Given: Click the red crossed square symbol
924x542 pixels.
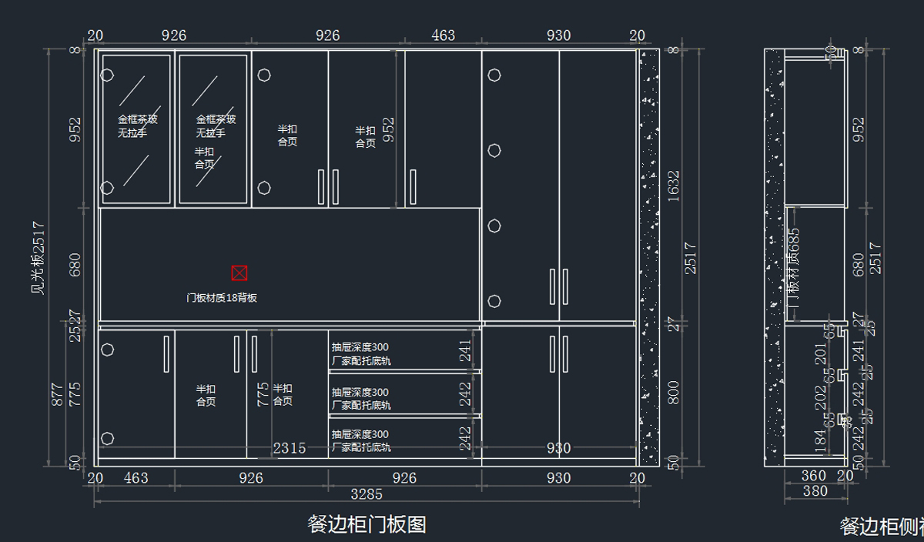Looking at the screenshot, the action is click(239, 273).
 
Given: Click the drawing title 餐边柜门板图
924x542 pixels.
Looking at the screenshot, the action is click(367, 525).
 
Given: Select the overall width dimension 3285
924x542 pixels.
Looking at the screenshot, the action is click(367, 493).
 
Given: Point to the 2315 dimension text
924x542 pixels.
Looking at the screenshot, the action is click(289, 448).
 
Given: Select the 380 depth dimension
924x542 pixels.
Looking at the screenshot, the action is click(815, 491).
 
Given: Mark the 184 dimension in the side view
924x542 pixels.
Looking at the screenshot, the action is click(821, 441).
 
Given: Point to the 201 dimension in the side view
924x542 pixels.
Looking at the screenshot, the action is click(821, 355).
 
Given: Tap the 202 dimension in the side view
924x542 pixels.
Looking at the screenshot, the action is click(821, 397).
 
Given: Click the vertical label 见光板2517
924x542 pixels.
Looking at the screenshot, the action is click(37, 258).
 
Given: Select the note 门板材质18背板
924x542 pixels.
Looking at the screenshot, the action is click(222, 298).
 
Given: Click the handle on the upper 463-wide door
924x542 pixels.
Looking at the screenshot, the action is click(413, 187).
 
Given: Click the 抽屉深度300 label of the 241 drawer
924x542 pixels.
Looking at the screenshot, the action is click(360, 347).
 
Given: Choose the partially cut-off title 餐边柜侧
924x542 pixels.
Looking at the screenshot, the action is click(882, 527).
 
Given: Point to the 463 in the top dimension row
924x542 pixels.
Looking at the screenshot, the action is click(443, 35).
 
